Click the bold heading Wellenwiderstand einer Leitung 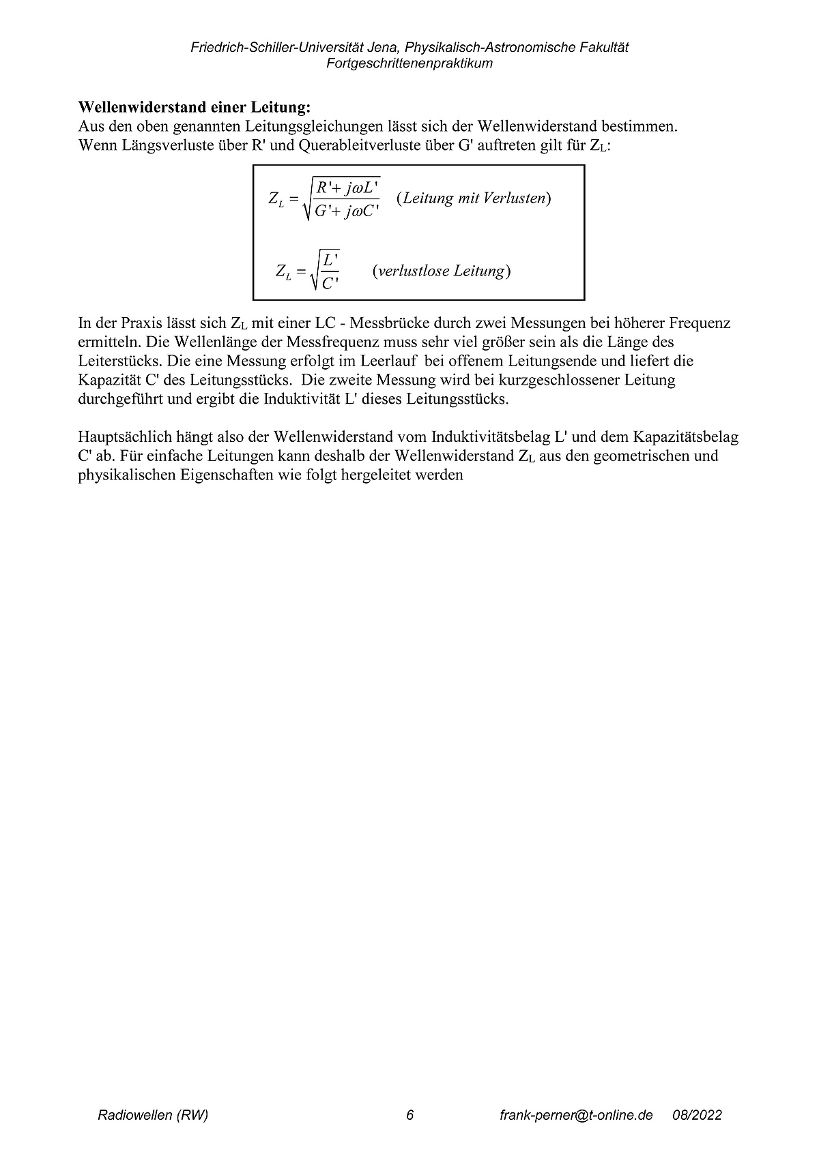click(x=195, y=108)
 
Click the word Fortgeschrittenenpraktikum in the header click(x=409, y=63)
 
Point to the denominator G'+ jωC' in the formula click(x=347, y=211)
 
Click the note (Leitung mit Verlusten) click(x=474, y=198)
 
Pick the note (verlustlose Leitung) click(x=442, y=271)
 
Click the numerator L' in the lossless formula click(x=330, y=260)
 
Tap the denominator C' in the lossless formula click(x=330, y=283)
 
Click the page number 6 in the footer click(x=409, y=1115)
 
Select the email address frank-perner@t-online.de click(x=576, y=1115)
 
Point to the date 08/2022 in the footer click(x=697, y=1115)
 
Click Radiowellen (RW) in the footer click(x=153, y=1115)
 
